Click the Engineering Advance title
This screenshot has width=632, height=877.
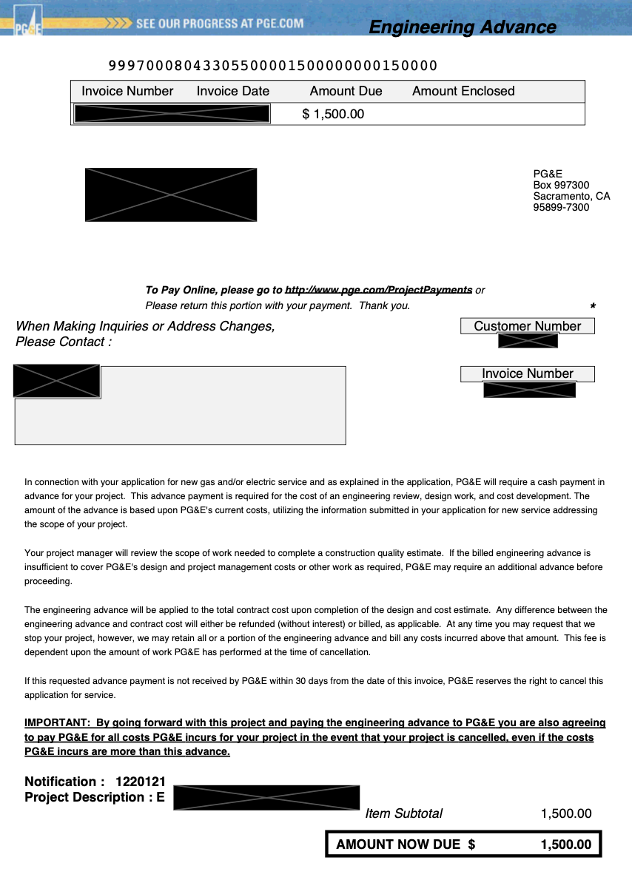click(x=462, y=27)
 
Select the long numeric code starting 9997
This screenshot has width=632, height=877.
click(x=273, y=66)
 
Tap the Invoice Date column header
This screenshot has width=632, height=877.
click(x=233, y=91)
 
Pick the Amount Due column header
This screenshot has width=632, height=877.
click(x=346, y=91)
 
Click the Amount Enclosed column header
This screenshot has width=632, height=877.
click(x=463, y=91)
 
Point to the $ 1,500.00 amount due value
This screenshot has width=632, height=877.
click(x=333, y=114)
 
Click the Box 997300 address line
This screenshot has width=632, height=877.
click(x=561, y=185)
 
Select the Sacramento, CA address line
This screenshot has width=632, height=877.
click(x=571, y=196)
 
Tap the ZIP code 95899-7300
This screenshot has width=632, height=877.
click(x=561, y=207)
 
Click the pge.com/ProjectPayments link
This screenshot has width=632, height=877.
click(x=378, y=290)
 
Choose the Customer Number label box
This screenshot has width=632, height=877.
click(x=527, y=326)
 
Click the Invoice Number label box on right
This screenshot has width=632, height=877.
click(x=527, y=373)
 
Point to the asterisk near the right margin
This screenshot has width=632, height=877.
click(x=593, y=306)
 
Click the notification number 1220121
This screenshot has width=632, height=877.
click(x=140, y=782)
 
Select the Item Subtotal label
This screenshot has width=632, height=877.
click(x=403, y=813)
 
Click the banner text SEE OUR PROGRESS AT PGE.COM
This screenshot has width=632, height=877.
click(x=220, y=23)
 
